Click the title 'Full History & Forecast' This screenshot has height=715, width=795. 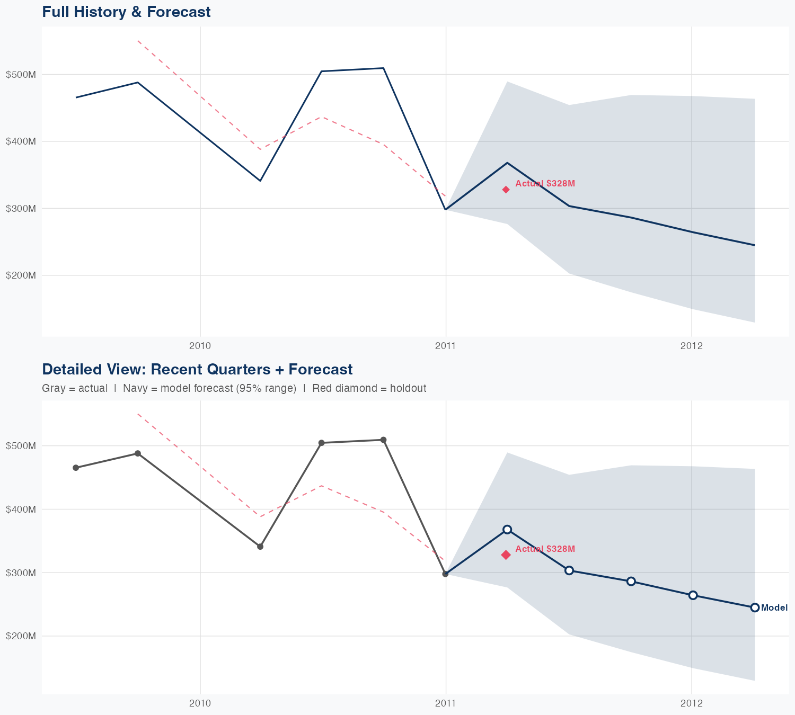126,12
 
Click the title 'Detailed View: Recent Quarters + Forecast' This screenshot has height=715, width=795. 197,369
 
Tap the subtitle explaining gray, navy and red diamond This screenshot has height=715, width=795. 234,388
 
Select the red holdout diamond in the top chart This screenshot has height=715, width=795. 506,190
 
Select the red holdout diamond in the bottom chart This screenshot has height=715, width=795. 506,555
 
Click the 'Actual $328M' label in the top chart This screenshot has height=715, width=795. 545,184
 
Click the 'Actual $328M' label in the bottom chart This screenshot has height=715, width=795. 545,549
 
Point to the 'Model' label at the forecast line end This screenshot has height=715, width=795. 774,608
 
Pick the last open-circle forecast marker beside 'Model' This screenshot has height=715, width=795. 755,607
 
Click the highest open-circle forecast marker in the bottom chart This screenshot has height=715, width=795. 507,530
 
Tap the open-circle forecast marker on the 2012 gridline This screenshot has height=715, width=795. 693,595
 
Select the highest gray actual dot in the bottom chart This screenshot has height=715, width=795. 383,440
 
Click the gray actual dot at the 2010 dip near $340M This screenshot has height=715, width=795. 260,546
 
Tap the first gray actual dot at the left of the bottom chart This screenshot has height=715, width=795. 76,468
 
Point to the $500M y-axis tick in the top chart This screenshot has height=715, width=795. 21,75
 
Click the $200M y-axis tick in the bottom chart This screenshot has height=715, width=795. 21,636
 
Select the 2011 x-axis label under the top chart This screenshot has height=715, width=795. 446,346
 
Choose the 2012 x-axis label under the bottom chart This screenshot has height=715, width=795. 691,703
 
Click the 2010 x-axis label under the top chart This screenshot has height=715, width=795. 200,346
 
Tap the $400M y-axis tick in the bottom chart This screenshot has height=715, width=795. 21,510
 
